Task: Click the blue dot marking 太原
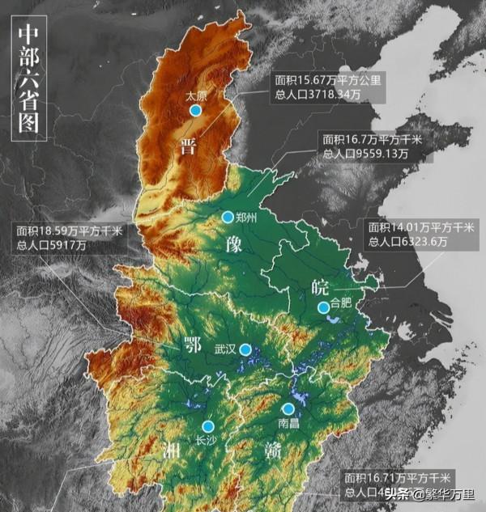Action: [x=194, y=110]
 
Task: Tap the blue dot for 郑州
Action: [x=228, y=217]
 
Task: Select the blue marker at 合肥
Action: [x=323, y=307]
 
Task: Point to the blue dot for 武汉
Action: [x=245, y=349]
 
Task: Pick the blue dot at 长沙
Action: [x=208, y=426]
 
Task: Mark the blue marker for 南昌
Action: [x=288, y=409]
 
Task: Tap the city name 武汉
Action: [x=224, y=349]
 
